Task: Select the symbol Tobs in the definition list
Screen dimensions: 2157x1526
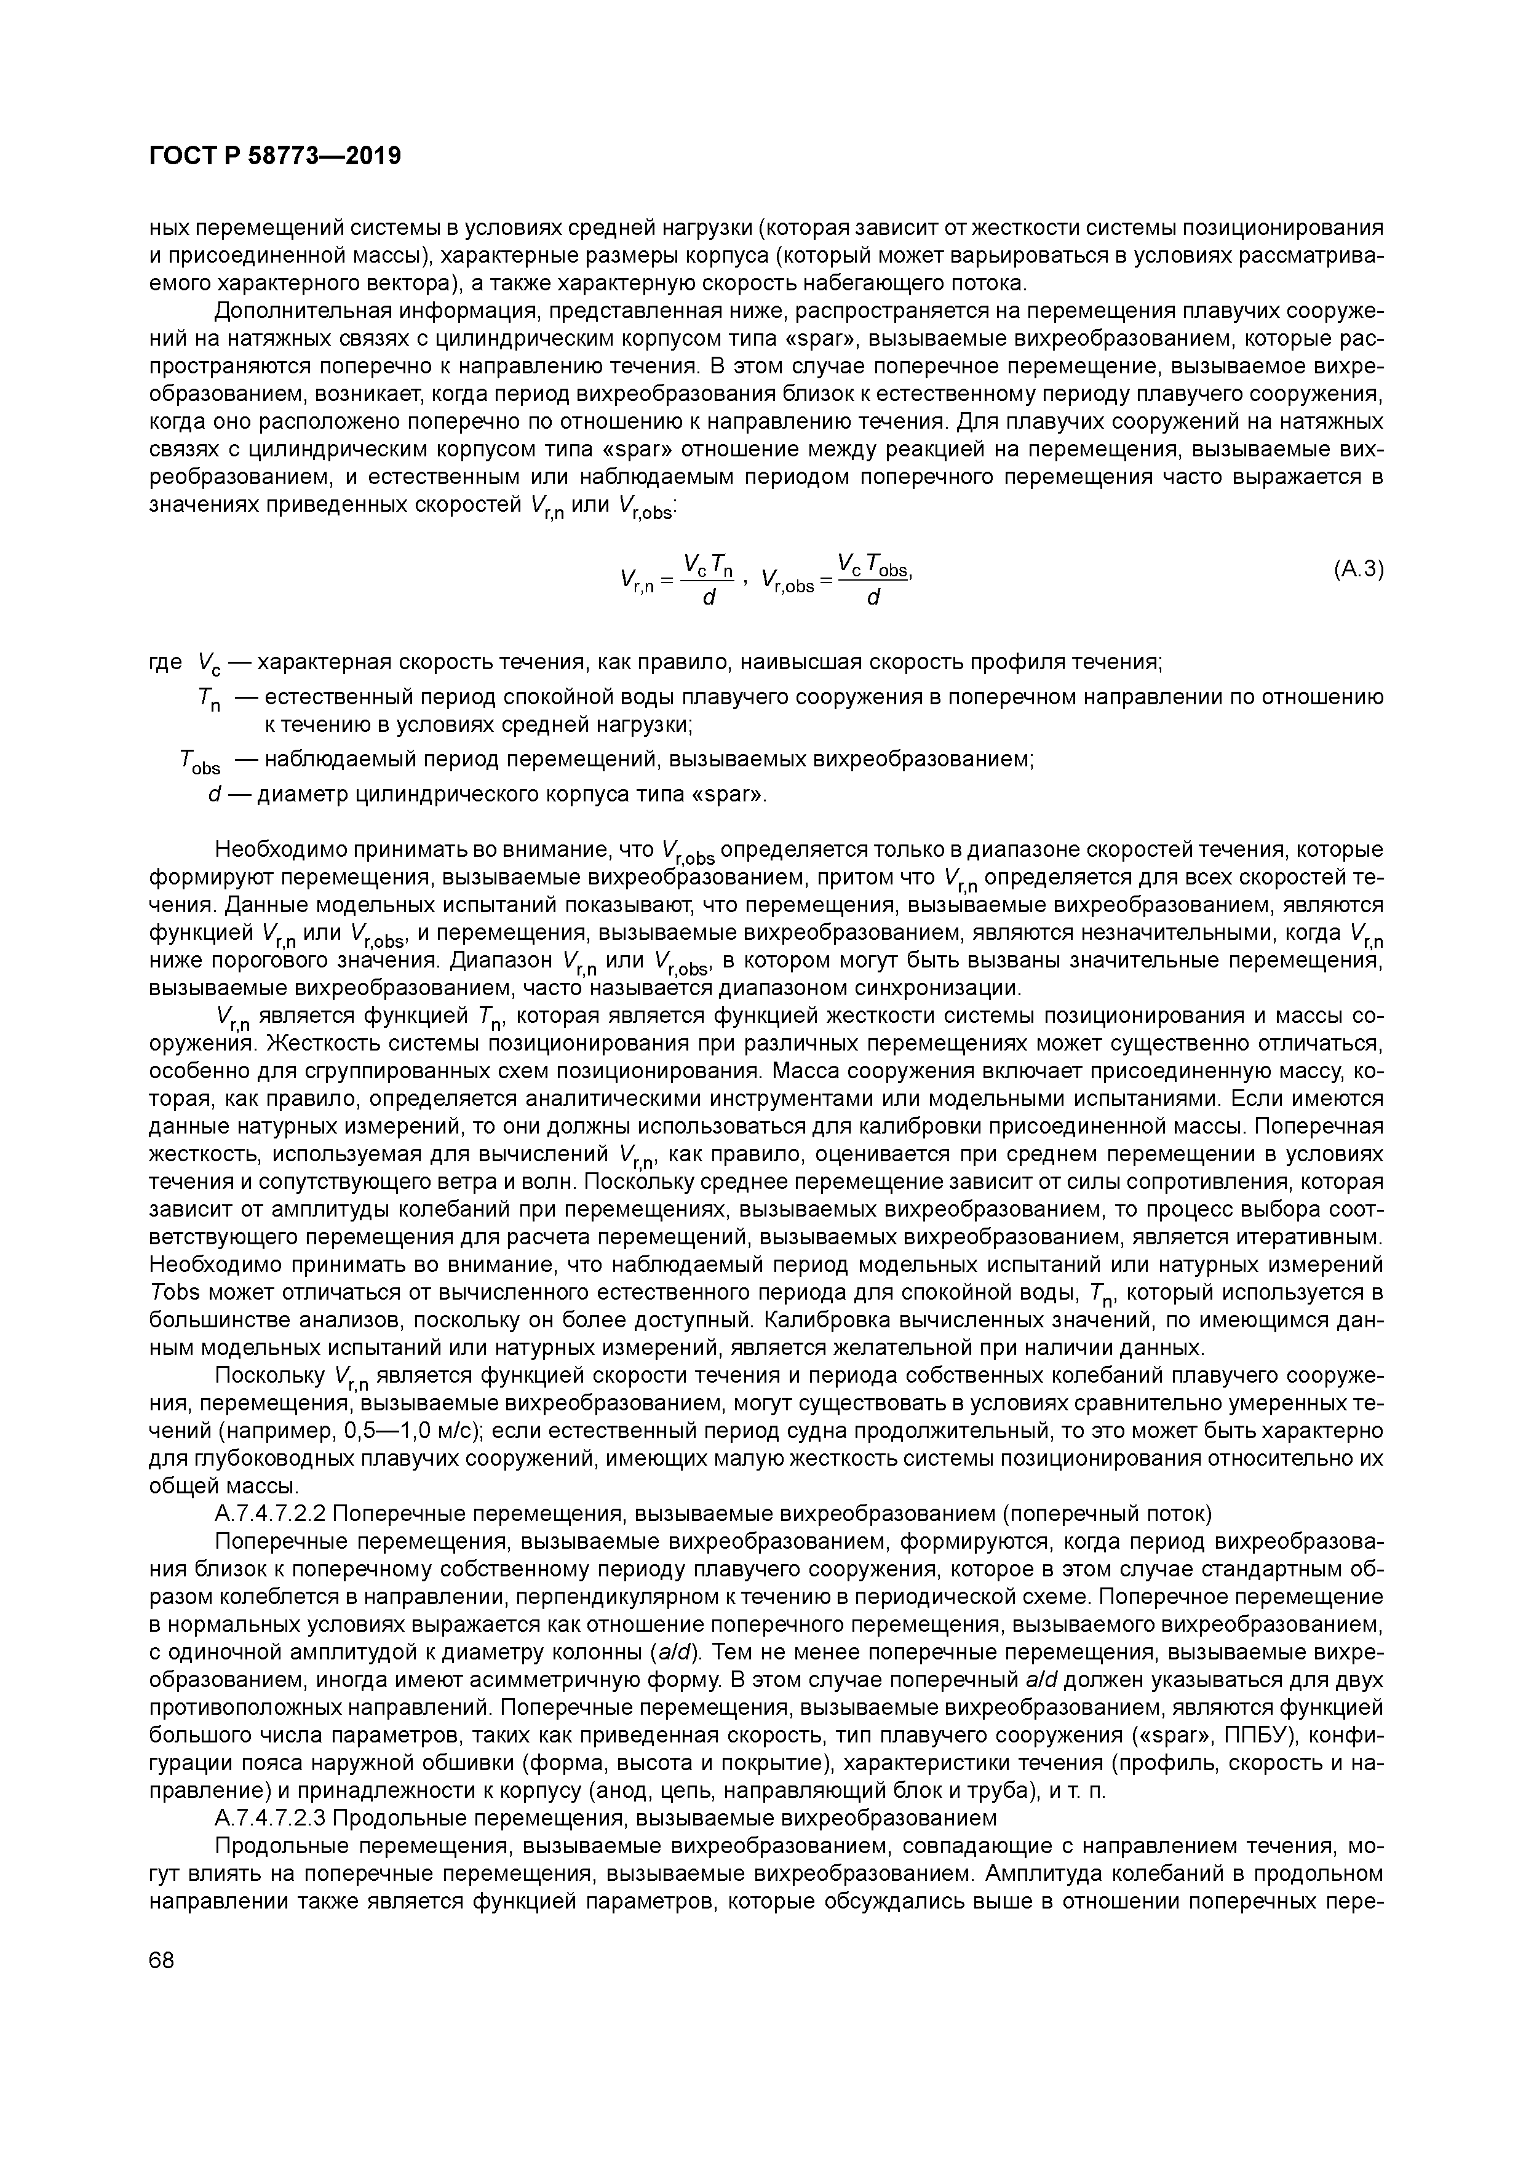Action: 198,762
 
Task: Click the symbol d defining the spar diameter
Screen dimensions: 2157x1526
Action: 213,795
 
